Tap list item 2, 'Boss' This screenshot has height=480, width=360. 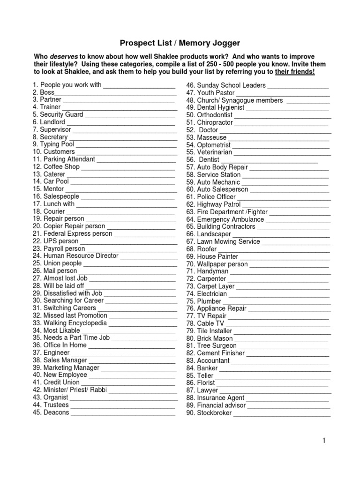47,92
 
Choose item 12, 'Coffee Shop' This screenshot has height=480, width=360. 61,166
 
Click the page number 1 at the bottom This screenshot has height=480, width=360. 323,440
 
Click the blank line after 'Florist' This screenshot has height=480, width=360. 272,383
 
